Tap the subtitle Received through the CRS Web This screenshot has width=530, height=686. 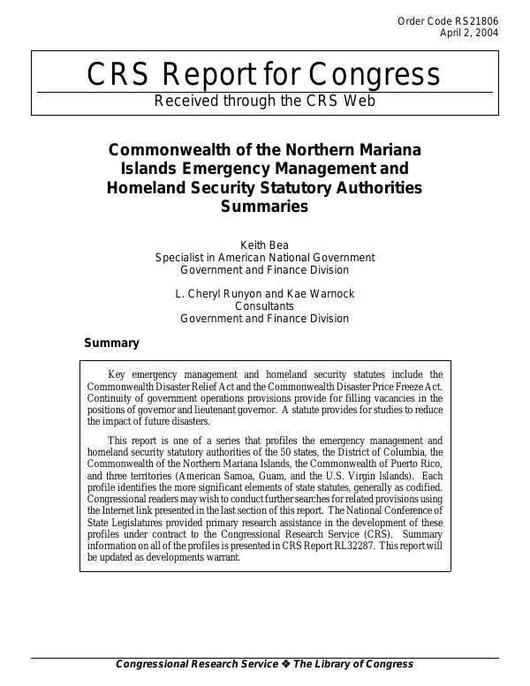265,101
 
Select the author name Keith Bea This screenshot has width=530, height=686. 265,245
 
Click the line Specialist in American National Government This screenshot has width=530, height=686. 265,258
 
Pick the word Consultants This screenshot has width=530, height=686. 265,305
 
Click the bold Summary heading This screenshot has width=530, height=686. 111,343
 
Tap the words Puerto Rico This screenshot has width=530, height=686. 416,464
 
